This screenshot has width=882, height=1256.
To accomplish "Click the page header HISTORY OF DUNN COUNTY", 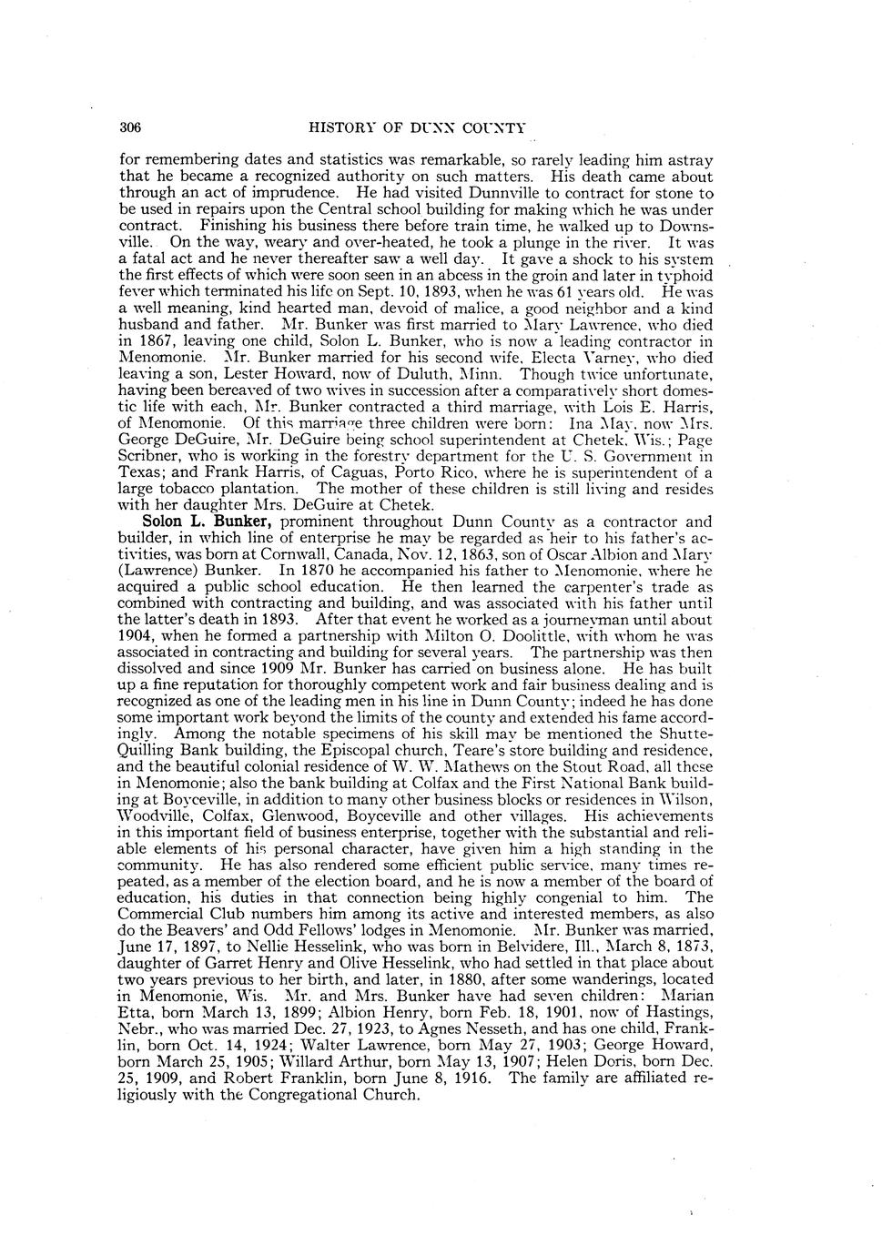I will pos(418,127).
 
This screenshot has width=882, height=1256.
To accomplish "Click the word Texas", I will pos(142,473).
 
